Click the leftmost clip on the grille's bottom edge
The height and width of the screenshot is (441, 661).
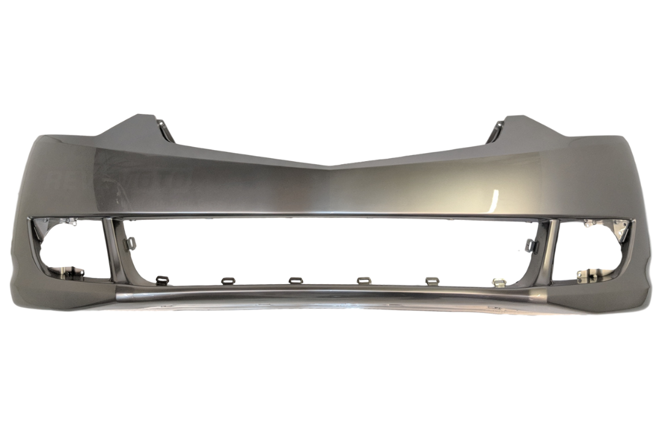pyautogui.click(x=162, y=280)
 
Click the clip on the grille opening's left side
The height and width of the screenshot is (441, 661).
pyautogui.click(x=130, y=244)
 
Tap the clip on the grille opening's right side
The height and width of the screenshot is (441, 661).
pyautogui.click(x=530, y=246)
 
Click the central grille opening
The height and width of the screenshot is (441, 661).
pyautogui.click(x=330, y=248)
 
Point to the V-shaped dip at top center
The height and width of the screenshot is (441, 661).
pyautogui.click(x=330, y=166)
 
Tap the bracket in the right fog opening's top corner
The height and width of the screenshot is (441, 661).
pyautogui.click(x=618, y=227)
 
